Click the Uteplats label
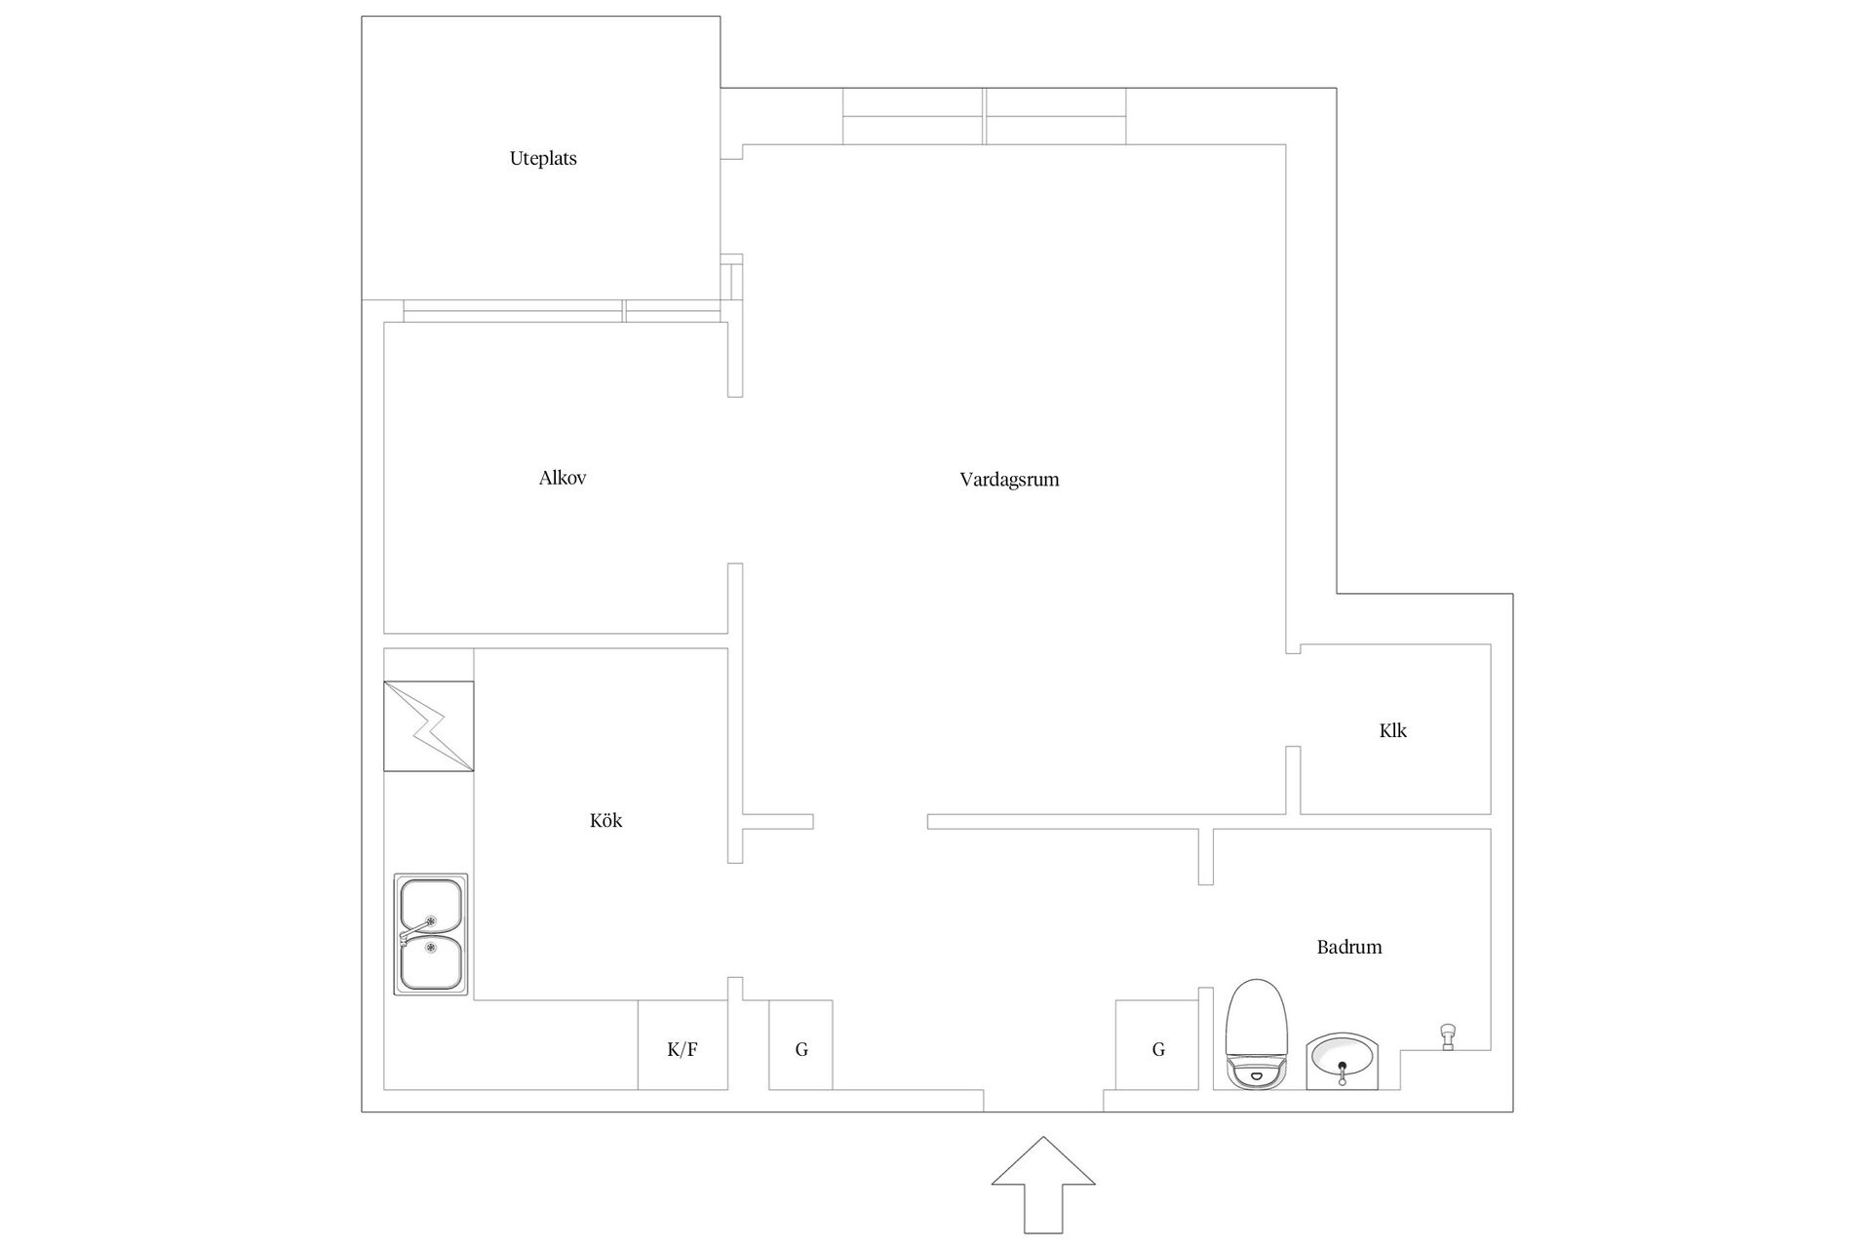[543, 158]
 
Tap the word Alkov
[563, 478]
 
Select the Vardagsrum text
[1009, 480]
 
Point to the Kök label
[605, 820]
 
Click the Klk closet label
[1393, 730]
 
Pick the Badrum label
[1349, 947]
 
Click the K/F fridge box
[682, 1045]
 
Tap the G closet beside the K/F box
[800, 1045]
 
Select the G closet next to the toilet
[1157, 1045]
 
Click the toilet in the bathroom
[1258, 1034]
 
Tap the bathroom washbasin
[1343, 1061]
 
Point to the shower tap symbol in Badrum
[1448, 1036]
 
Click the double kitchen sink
[430, 934]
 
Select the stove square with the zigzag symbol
[429, 726]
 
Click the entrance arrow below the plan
[1043, 1185]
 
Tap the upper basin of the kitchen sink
[430, 906]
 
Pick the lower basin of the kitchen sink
[430, 962]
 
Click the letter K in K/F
[673, 1050]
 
